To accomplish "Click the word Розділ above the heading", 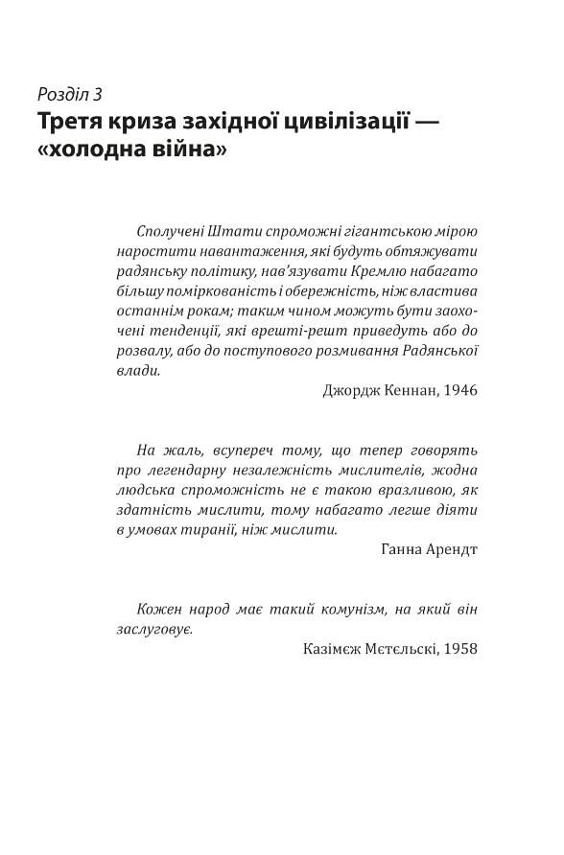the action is (x=62, y=95).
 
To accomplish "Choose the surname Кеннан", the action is (x=403, y=391).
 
